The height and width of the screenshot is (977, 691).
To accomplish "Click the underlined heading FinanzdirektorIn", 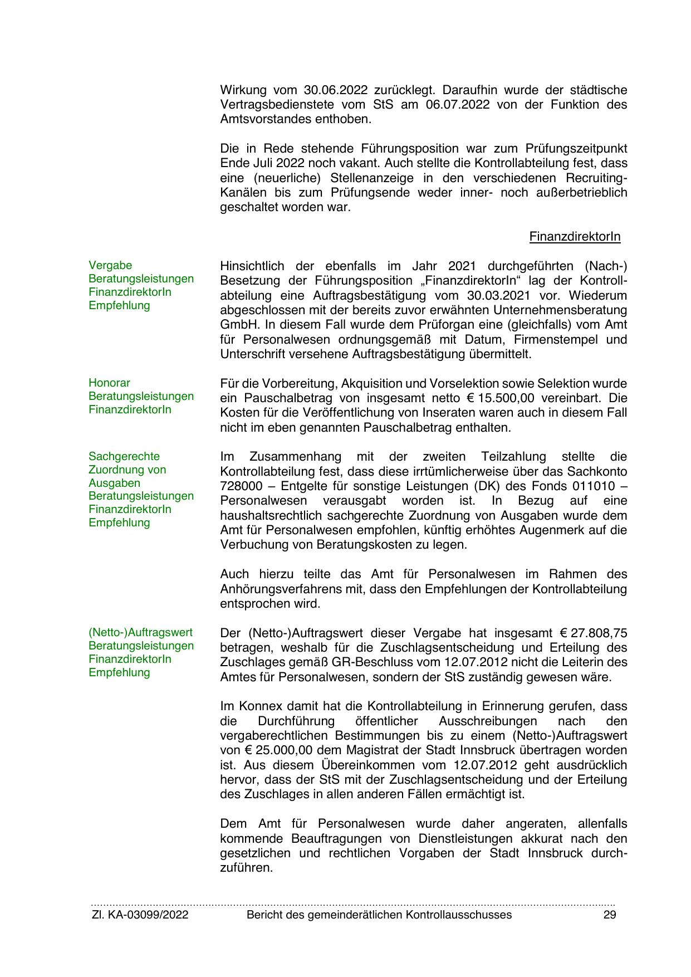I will click(x=575, y=237).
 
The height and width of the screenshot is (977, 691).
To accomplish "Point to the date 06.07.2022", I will click(x=458, y=105).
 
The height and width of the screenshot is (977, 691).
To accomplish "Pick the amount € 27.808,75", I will click(x=593, y=633).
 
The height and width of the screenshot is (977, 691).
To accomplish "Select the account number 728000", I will click(x=241, y=486).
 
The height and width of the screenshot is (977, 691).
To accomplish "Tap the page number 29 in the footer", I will click(x=610, y=915).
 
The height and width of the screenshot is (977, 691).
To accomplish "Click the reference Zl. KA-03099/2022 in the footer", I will click(x=140, y=915).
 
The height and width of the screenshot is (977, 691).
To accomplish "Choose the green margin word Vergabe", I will click(x=110, y=266).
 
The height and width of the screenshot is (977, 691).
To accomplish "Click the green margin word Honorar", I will click(x=109, y=383).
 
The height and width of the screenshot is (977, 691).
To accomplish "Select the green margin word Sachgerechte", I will click(x=124, y=457).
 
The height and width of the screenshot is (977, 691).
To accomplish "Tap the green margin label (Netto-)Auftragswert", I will click(x=140, y=633).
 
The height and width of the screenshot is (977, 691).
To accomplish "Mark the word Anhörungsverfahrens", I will click(x=290, y=589).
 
